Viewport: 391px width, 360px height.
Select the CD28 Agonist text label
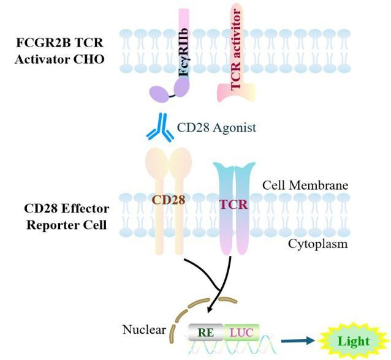point(216,127)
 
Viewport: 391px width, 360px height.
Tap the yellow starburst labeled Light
point(354,341)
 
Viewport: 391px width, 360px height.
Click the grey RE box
point(206,332)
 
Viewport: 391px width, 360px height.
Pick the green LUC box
point(241,332)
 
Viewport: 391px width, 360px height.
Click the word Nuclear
point(144,329)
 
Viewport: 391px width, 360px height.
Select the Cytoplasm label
point(317,244)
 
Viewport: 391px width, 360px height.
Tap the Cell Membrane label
point(305,186)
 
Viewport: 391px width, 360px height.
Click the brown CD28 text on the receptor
point(169,200)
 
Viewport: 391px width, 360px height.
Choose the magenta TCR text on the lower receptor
point(234,204)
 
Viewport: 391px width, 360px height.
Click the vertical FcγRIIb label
point(184,52)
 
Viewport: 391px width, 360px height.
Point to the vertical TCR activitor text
point(236,50)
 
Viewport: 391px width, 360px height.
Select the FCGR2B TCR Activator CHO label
point(59,51)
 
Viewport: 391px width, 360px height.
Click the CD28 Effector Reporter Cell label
point(67,217)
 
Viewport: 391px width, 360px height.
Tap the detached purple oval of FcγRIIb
point(159,94)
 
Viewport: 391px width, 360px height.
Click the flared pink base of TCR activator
point(237,92)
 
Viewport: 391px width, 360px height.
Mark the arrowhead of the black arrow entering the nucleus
point(210,309)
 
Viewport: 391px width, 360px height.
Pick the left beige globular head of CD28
point(157,160)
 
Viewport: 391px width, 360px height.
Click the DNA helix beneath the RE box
point(206,347)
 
